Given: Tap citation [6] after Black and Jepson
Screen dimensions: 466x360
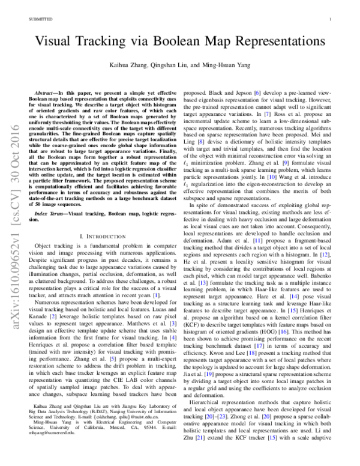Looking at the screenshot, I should point(258,94).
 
